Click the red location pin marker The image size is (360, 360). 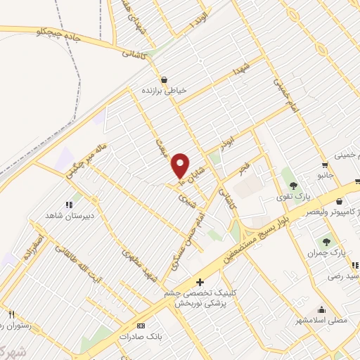pyautogui.click(x=181, y=165)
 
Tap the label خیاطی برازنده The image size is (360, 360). pyautogui.click(x=164, y=91)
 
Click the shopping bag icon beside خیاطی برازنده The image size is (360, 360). pyautogui.click(x=164, y=80)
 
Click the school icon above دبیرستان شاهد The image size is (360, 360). pyautogui.click(x=69, y=205)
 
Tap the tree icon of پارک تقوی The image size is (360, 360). pyautogui.click(x=293, y=185)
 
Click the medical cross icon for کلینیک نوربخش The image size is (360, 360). pyautogui.click(x=200, y=281)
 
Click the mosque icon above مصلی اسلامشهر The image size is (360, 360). pyautogui.click(x=323, y=309)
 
